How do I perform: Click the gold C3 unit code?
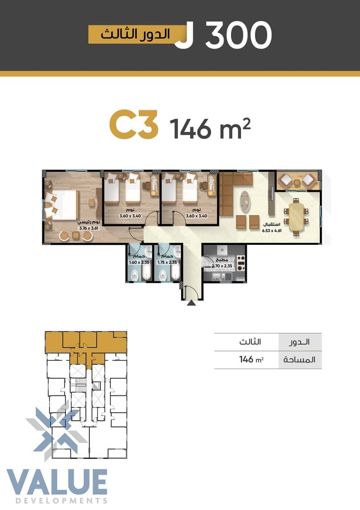click(x=133, y=124)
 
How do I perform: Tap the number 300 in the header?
click(x=238, y=35)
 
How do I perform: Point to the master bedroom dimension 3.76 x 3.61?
click(x=89, y=228)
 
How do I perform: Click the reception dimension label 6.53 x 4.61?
click(x=272, y=231)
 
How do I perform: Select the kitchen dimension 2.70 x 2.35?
click(x=222, y=266)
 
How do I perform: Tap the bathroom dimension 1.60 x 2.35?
click(x=139, y=262)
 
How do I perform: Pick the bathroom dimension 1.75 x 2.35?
click(x=167, y=262)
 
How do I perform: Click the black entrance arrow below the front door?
click(x=191, y=303)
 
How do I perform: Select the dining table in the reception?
click(x=296, y=216)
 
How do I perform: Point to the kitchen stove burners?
click(x=241, y=263)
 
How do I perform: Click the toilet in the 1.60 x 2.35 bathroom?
click(x=134, y=275)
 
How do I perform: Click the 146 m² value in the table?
click(x=251, y=359)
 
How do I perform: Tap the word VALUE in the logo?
click(x=57, y=482)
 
